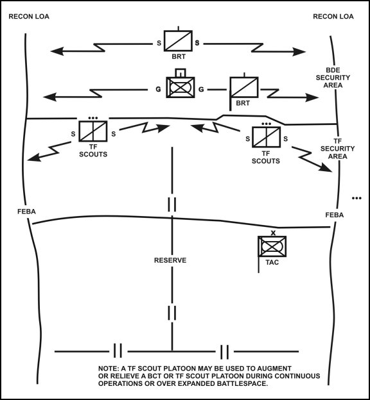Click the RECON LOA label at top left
pyautogui.click(x=28, y=15)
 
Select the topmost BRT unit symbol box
pyautogui.click(x=178, y=42)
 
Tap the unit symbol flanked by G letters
pyautogui.click(x=181, y=88)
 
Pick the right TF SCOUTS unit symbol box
pyautogui.click(x=265, y=137)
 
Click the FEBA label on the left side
pyautogui.click(x=28, y=211)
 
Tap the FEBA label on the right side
pyautogui.click(x=334, y=215)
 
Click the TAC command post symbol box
pyautogui.click(x=272, y=247)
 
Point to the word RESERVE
pyautogui.click(x=170, y=261)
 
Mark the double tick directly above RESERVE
pyautogui.click(x=172, y=204)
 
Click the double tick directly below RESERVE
pyautogui.click(x=172, y=313)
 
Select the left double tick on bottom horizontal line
pyautogui.click(x=118, y=351)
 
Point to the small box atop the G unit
pyautogui.click(x=181, y=72)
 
